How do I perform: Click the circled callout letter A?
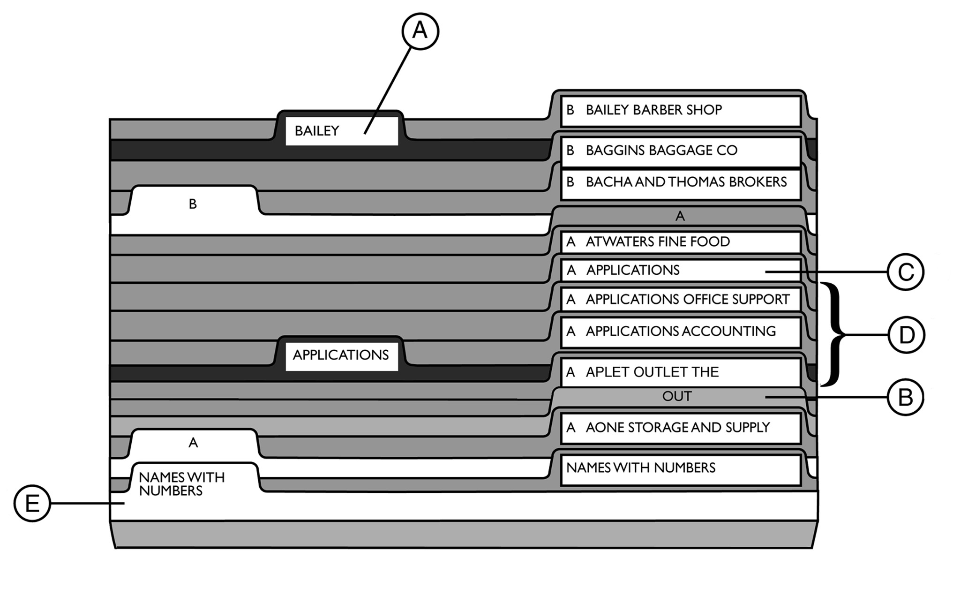tap(420, 31)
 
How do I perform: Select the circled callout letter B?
tap(905, 397)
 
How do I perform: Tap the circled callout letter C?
tap(905, 272)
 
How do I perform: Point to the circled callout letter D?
tap(906, 335)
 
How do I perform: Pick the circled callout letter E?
tap(32, 503)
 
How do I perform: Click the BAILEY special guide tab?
tap(341, 131)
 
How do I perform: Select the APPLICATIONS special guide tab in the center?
tap(341, 355)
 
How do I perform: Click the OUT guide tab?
tap(677, 396)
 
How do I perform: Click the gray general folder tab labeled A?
tap(680, 216)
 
